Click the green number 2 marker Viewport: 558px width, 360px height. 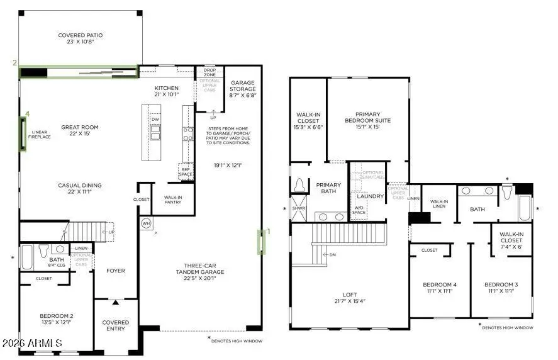14,63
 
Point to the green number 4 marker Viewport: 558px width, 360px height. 27,115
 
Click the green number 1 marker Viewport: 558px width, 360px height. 269,231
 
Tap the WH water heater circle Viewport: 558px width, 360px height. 146,223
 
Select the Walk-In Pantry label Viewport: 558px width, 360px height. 173,200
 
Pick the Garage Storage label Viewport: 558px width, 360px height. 243,86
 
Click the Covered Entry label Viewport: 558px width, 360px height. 116,326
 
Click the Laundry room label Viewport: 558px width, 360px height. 371,196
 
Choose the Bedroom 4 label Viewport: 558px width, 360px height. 440,288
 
